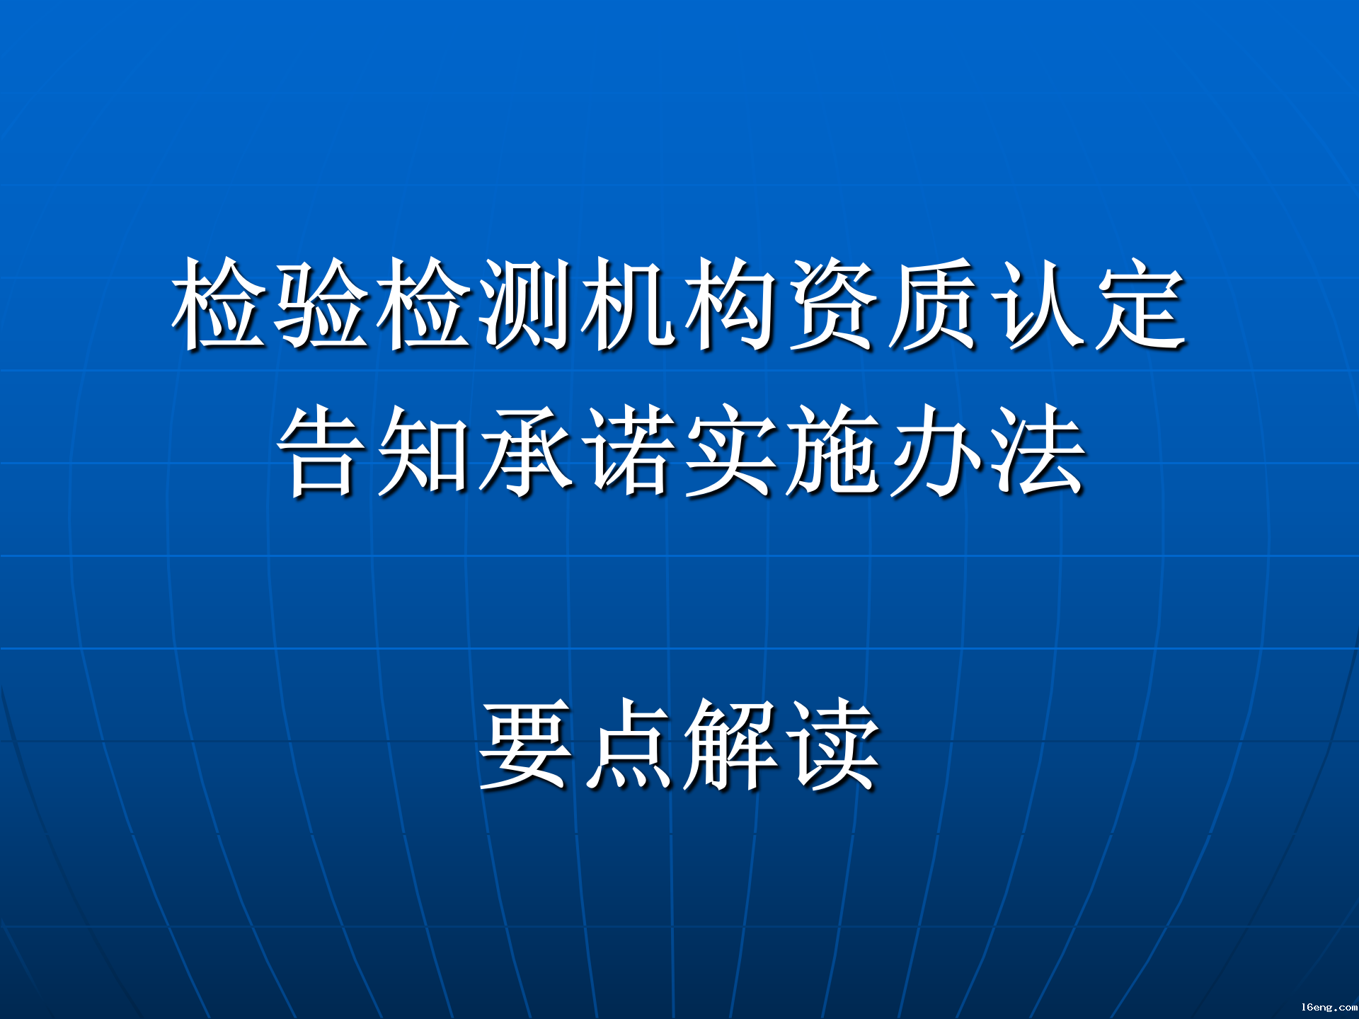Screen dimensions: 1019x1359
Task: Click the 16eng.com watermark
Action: [x=1329, y=1007]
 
